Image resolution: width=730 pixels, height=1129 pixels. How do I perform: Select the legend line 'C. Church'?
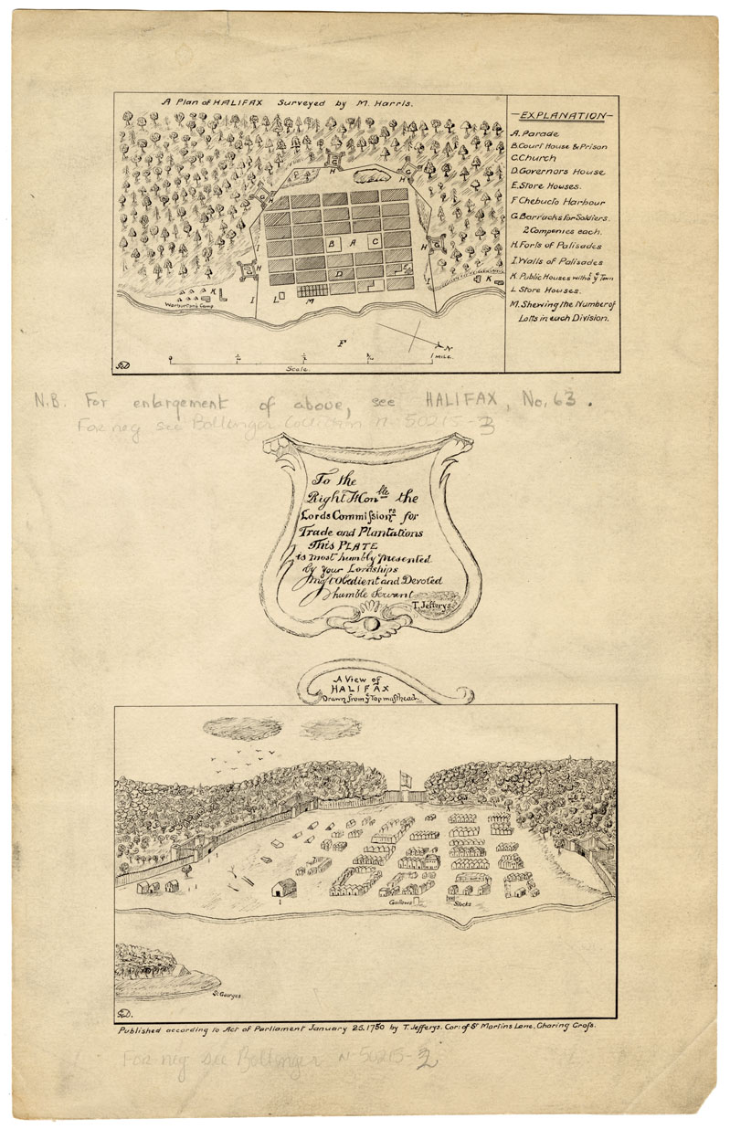pos(535,158)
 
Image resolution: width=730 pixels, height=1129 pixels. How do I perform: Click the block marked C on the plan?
pos(375,243)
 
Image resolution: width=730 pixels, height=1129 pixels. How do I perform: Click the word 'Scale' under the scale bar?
pos(297,367)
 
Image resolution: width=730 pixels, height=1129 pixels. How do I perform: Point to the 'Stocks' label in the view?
pos(461,903)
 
